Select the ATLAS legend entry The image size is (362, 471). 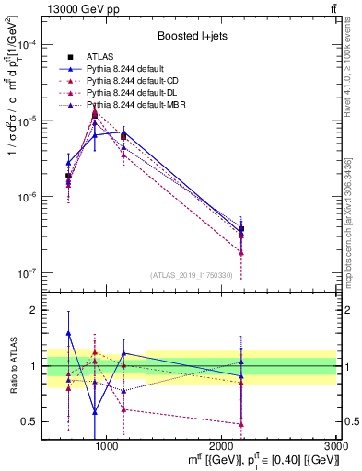(x=101, y=57)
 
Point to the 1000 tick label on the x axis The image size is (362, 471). (x=106, y=448)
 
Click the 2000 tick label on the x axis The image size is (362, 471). (x=221, y=448)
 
